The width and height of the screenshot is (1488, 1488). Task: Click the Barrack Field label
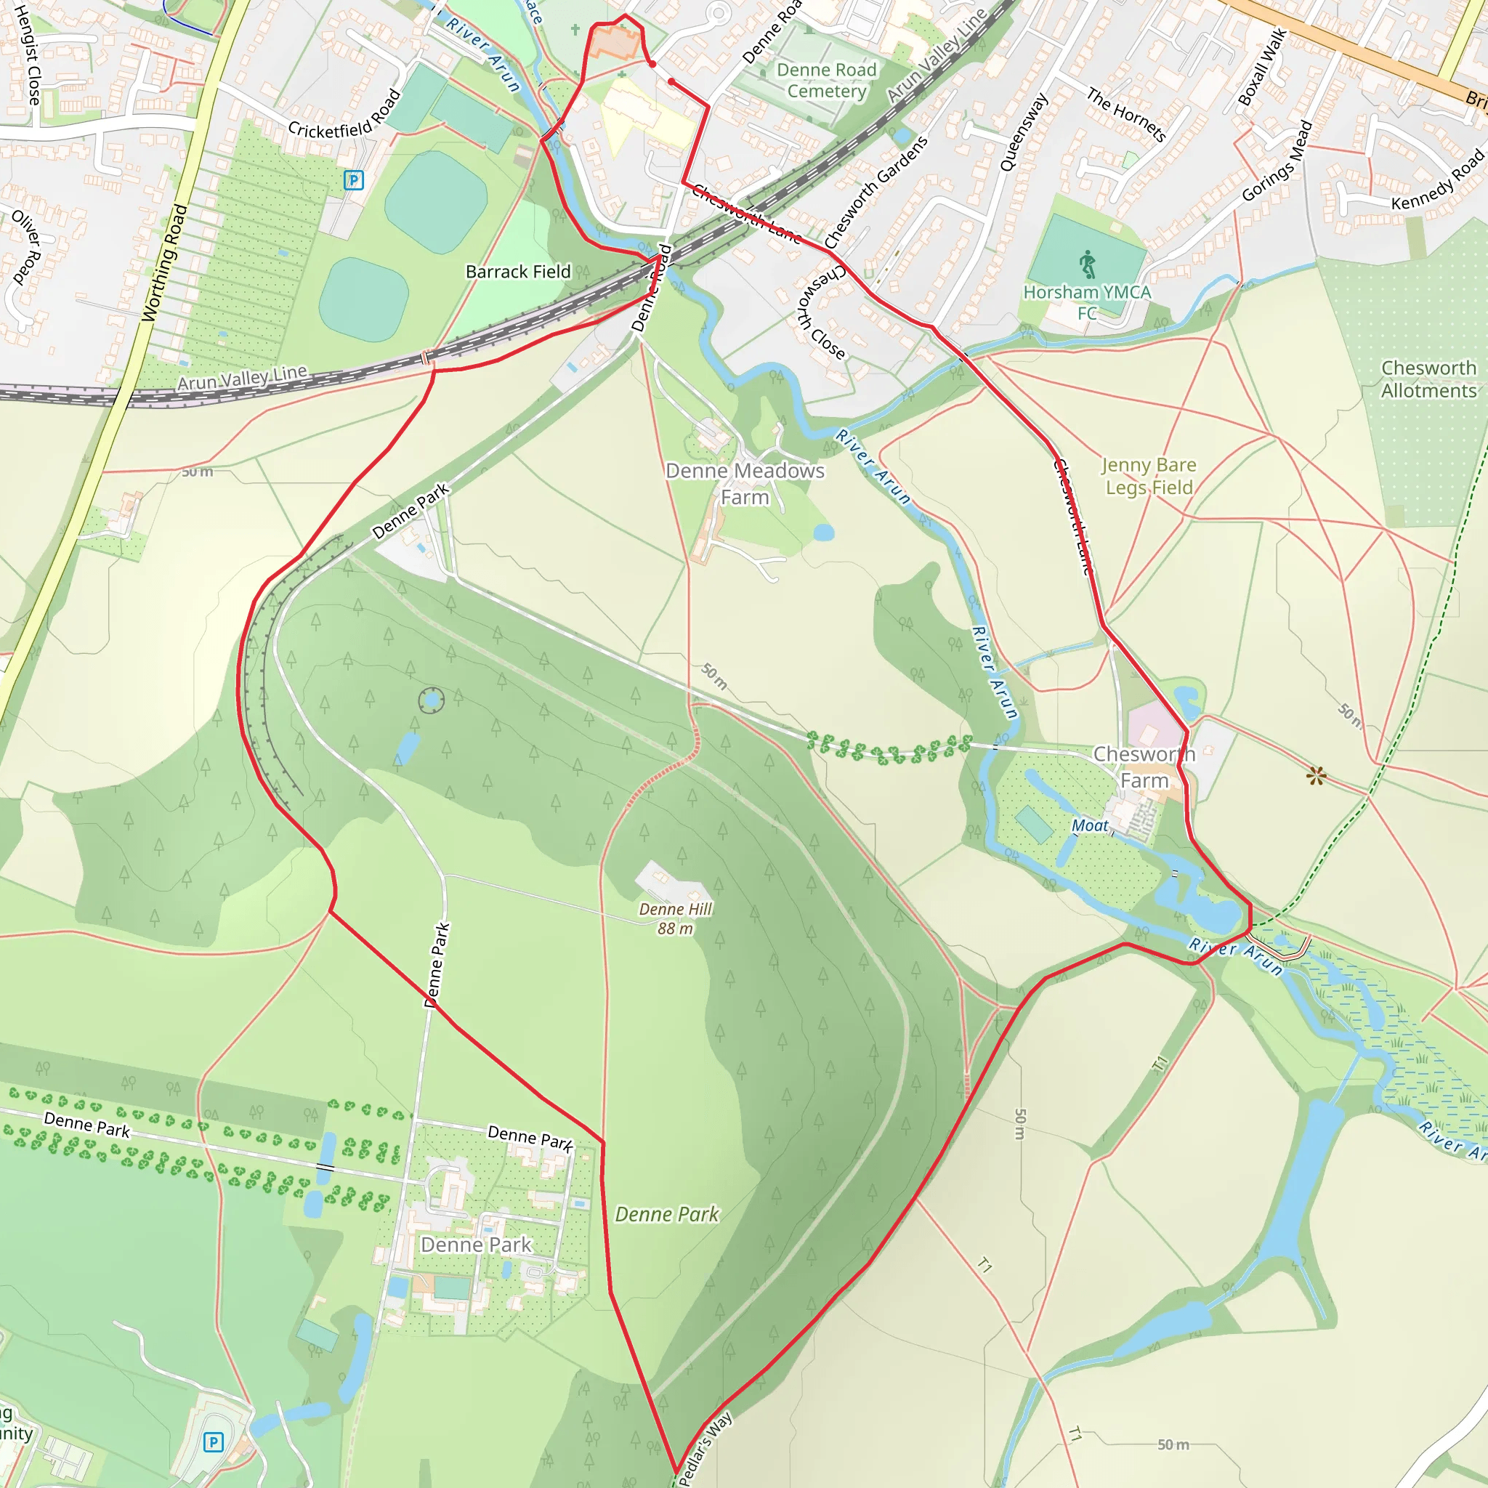[x=517, y=272]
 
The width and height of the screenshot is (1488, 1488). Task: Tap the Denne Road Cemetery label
[x=826, y=80]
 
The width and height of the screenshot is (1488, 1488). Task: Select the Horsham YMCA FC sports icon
[x=1087, y=264]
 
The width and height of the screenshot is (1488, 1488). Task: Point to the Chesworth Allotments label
[x=1428, y=379]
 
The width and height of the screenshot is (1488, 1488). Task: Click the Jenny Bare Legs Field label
[x=1149, y=476]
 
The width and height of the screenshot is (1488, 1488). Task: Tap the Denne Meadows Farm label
[x=745, y=484]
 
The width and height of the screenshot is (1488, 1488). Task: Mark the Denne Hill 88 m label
[x=676, y=919]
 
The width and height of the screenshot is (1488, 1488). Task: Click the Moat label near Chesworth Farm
[x=1090, y=825]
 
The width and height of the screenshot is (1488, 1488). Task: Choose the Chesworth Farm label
[x=1144, y=767]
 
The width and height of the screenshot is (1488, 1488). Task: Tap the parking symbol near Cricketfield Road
[x=354, y=180]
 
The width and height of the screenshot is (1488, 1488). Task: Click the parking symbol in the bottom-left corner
[x=214, y=1442]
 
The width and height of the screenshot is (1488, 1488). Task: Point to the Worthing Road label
[x=164, y=262]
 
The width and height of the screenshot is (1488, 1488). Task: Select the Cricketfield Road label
[x=344, y=114]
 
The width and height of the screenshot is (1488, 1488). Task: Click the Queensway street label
[x=1024, y=132]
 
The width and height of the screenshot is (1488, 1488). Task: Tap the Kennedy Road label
[x=1437, y=181]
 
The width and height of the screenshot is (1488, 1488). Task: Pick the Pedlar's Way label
[x=704, y=1448]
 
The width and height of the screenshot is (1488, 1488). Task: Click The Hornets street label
[x=1126, y=115]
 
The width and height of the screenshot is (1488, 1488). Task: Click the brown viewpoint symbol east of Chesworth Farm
[x=1317, y=775]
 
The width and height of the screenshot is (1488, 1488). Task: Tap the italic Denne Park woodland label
[x=667, y=1215]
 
